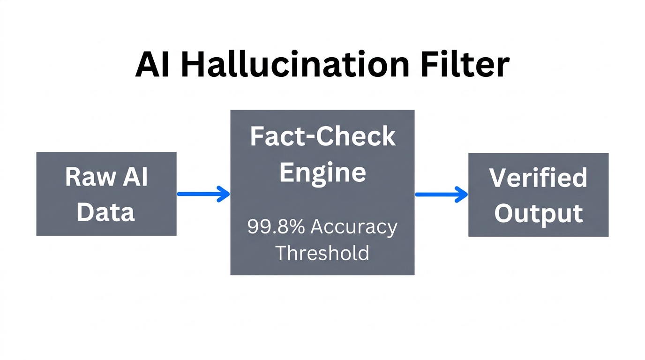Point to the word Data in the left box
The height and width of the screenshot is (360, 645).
pos(106,212)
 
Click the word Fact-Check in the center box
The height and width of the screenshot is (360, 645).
pos(322,137)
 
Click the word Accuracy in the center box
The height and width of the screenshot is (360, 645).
pos(354,227)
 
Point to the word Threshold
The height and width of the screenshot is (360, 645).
pos(322,253)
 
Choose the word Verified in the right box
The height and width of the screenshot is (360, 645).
pos(538,178)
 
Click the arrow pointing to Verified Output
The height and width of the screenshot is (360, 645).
pos(441,194)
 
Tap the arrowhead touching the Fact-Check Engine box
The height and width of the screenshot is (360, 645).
pos(224,194)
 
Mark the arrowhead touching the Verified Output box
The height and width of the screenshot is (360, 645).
pos(462,194)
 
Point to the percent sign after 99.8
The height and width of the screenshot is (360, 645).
pos(297,227)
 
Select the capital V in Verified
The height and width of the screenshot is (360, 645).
pos(498,178)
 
